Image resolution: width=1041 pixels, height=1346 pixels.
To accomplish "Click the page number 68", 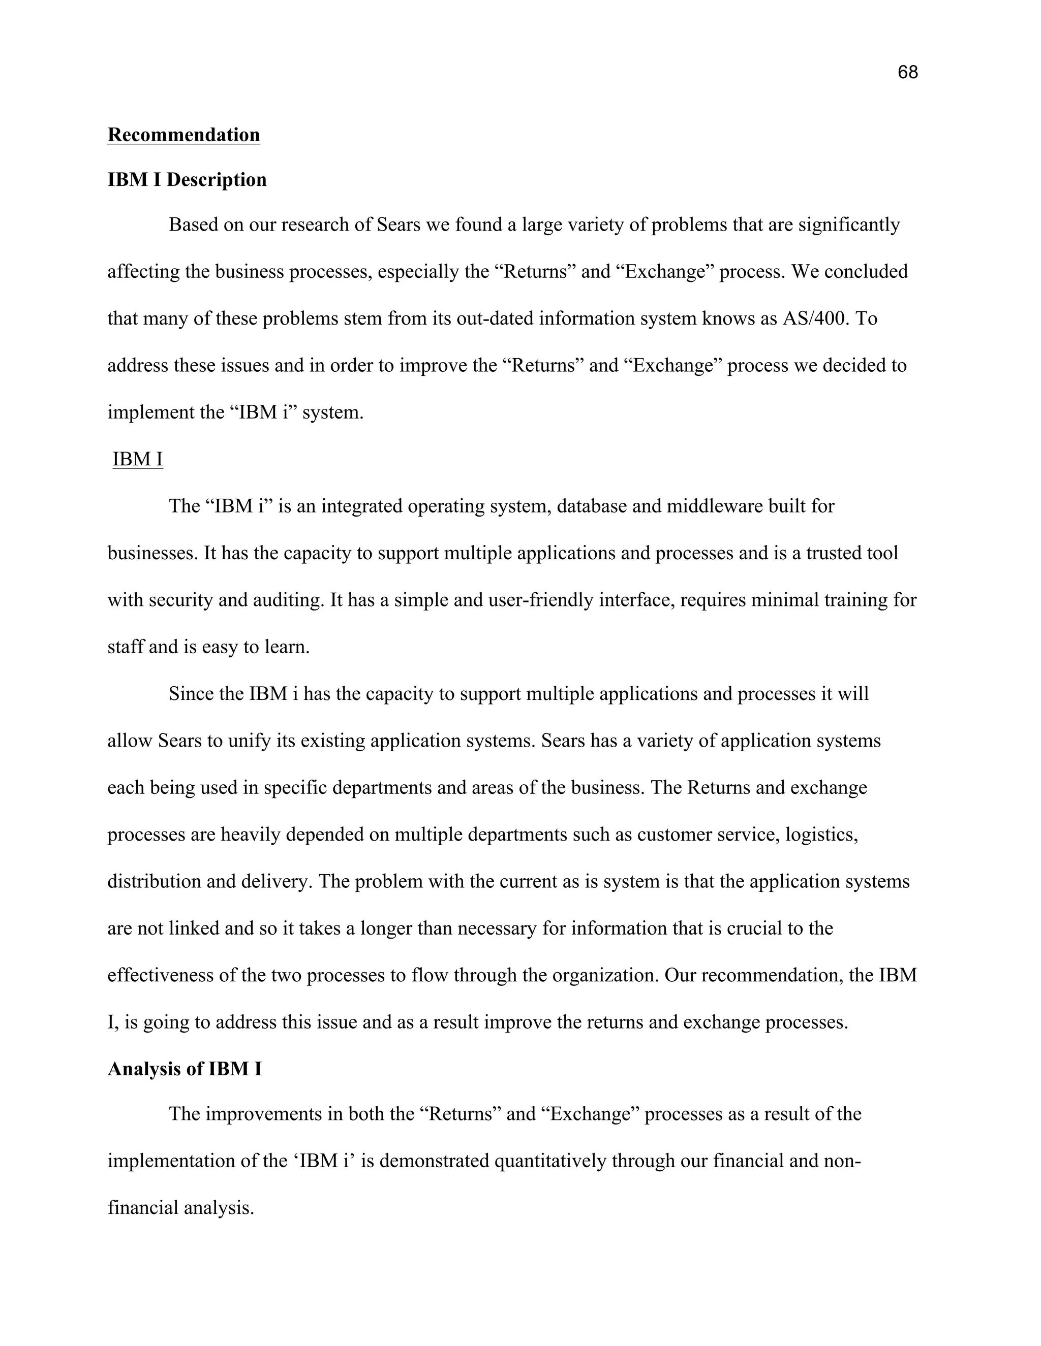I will click(x=907, y=73).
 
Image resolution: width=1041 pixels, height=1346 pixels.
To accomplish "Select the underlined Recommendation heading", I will click(x=184, y=135).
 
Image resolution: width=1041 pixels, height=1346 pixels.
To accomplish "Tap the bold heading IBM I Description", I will click(x=187, y=180).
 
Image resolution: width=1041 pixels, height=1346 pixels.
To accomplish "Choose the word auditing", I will click(x=288, y=600).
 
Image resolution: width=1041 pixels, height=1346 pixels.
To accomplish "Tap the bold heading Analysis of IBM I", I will click(x=185, y=1069).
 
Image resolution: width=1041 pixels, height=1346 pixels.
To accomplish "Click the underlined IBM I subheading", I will click(x=138, y=459).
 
